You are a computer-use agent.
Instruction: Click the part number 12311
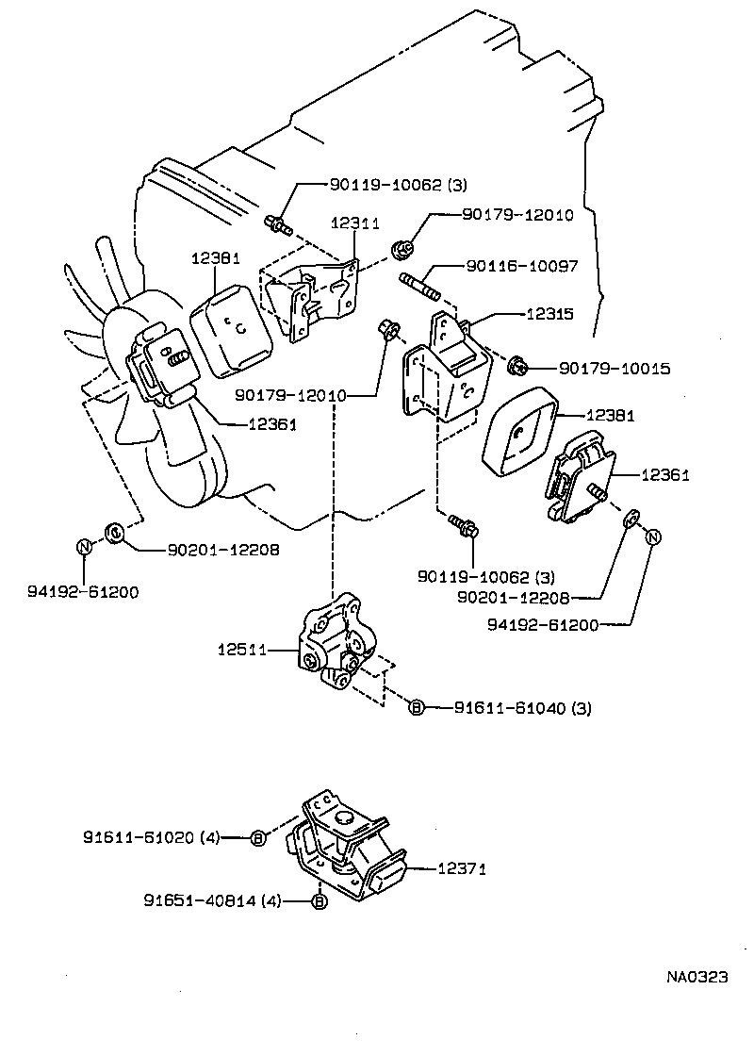355,223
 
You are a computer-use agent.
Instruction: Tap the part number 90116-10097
521,268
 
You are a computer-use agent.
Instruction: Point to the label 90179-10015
615,369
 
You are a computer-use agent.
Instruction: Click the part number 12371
461,869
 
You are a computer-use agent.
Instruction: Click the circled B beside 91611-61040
416,707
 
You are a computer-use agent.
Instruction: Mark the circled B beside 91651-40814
319,902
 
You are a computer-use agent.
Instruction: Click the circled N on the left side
84,546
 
